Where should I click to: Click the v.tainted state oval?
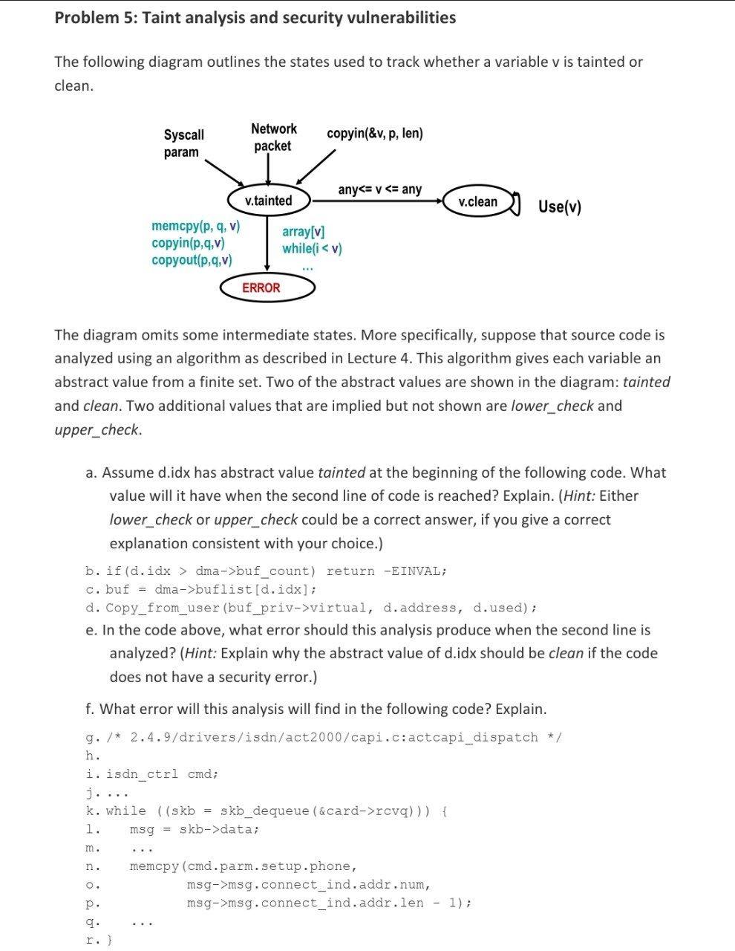268,201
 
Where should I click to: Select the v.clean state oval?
478,201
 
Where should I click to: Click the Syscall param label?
183,143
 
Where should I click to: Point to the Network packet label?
273,137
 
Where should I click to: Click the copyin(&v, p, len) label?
374,134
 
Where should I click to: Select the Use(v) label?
559,207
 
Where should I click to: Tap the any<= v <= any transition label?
379,189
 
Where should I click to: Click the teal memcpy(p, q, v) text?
195,226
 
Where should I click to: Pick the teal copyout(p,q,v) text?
192,260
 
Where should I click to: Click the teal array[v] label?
303,232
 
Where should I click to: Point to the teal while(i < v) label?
312,248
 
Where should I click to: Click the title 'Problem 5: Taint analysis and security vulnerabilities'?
255,18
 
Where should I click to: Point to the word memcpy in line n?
154,866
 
